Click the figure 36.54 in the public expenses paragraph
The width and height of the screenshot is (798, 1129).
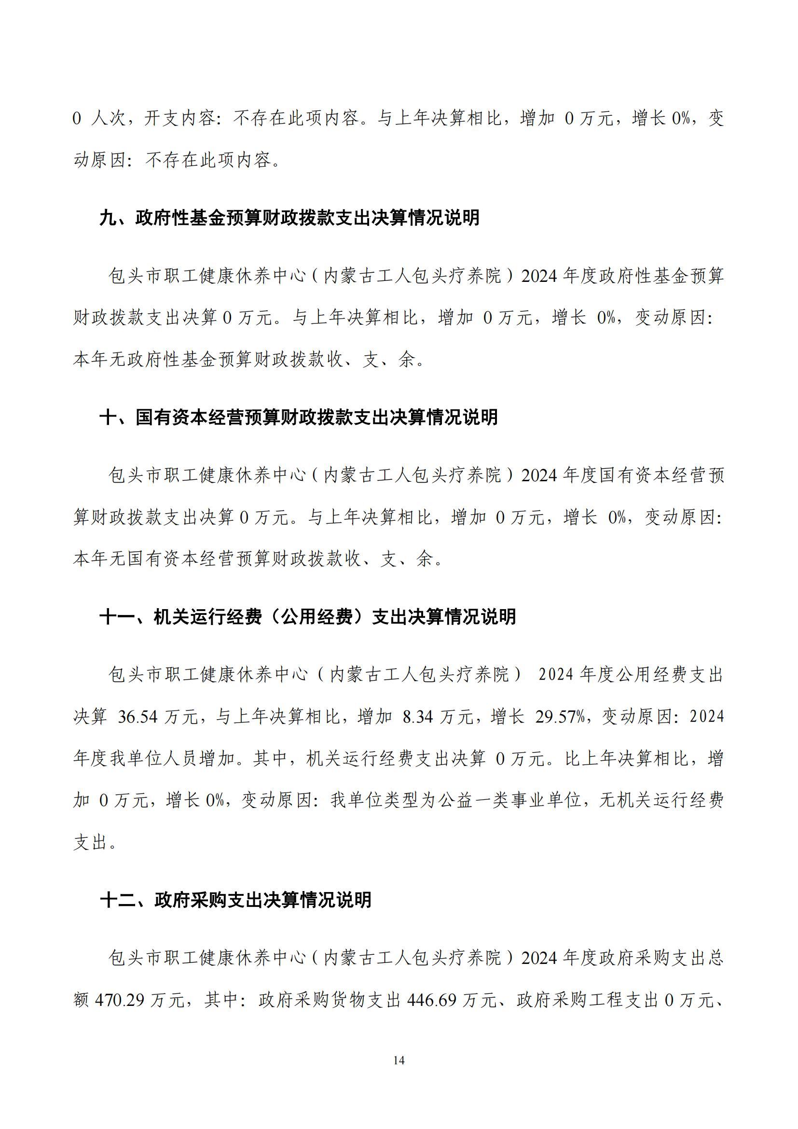(138, 717)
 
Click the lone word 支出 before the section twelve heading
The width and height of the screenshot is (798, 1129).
(90, 843)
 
